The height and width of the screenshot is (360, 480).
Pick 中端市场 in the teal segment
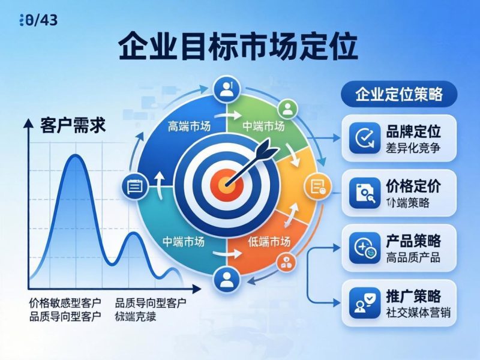184,241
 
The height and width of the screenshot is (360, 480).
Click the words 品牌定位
414,131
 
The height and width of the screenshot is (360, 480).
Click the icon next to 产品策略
364,248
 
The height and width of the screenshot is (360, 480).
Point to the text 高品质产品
413,257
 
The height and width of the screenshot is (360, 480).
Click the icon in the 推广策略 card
364,303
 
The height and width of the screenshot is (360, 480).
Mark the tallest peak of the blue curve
74,156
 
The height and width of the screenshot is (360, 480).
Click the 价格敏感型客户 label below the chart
65,302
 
